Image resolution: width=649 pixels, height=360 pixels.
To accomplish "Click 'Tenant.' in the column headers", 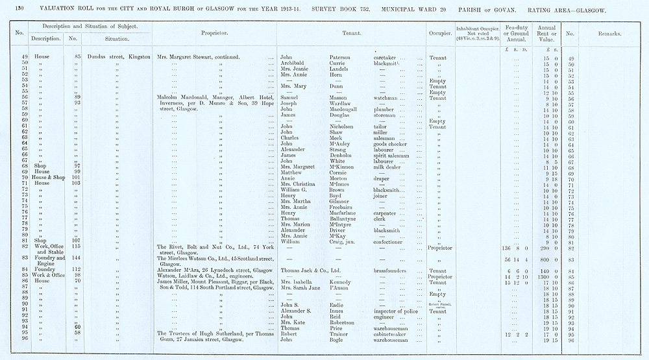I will (x=351, y=34).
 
